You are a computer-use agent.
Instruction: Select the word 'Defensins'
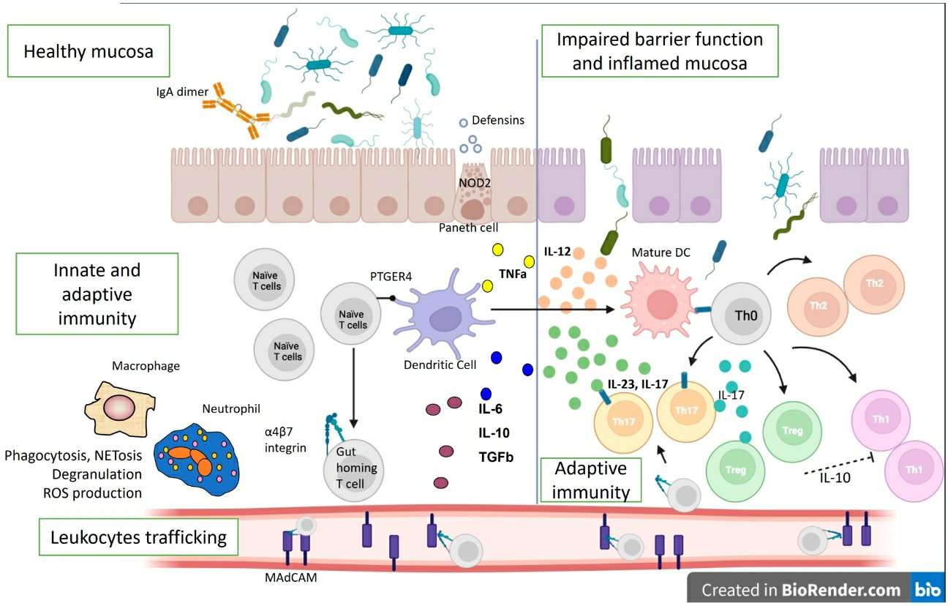(497, 120)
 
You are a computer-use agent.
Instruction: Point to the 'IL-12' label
(557, 252)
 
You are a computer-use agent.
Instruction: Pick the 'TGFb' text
(495, 457)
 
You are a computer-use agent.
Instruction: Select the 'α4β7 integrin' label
(287, 438)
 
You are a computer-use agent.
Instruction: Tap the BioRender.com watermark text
(801, 589)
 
